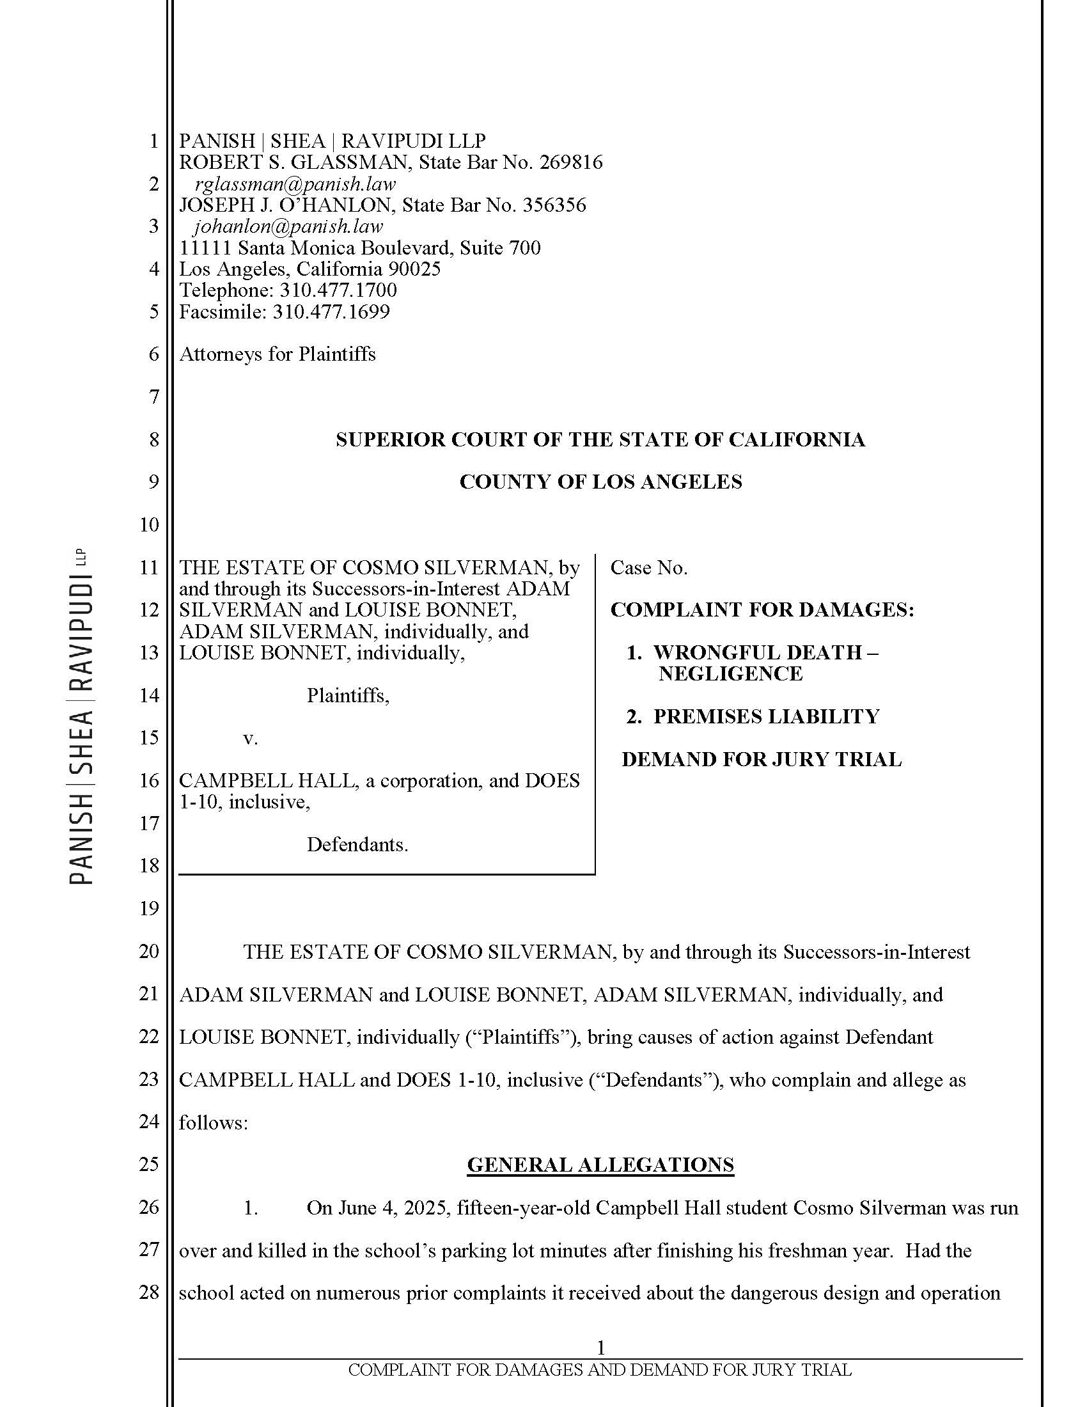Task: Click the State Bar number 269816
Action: [570, 162]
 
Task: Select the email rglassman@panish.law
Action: [295, 184]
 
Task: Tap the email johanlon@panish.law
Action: [288, 227]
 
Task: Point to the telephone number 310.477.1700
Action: [338, 290]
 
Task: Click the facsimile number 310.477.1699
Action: [331, 312]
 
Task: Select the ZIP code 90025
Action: [414, 269]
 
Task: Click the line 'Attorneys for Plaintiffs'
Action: [277, 354]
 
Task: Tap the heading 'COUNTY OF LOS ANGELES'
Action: [600, 482]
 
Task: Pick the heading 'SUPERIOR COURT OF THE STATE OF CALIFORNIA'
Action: [600, 439]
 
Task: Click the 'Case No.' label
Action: [648, 567]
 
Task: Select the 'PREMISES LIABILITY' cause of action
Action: [765, 716]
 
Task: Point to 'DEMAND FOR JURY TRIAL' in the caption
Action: [761, 760]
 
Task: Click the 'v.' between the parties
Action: [251, 738]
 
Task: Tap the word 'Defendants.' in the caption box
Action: [357, 845]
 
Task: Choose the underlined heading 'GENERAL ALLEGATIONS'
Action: [600, 1165]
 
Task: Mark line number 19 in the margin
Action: [149, 908]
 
